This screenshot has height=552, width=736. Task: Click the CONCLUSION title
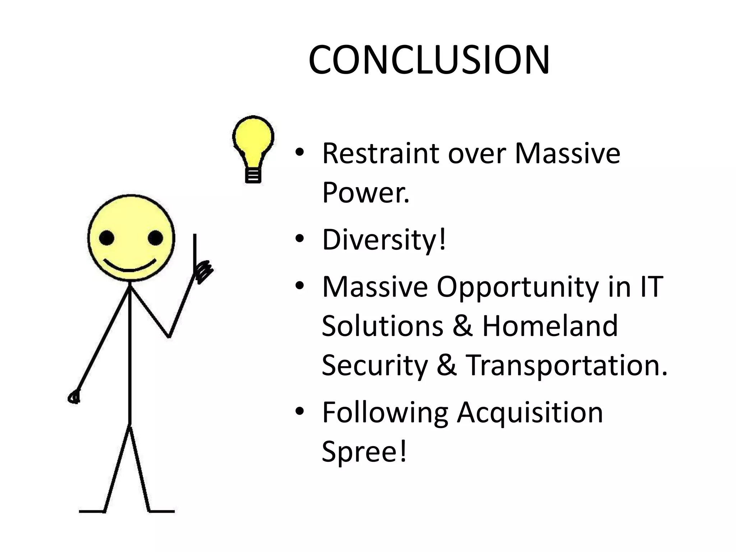[x=429, y=60]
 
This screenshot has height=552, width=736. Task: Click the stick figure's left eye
[x=106, y=238]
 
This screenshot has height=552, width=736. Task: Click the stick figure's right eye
[x=155, y=238]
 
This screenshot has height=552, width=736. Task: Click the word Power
[x=365, y=192]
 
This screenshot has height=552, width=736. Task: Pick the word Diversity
[x=383, y=240]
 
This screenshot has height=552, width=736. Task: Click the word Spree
[x=364, y=451]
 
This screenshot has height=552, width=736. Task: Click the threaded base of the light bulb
[x=253, y=176]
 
